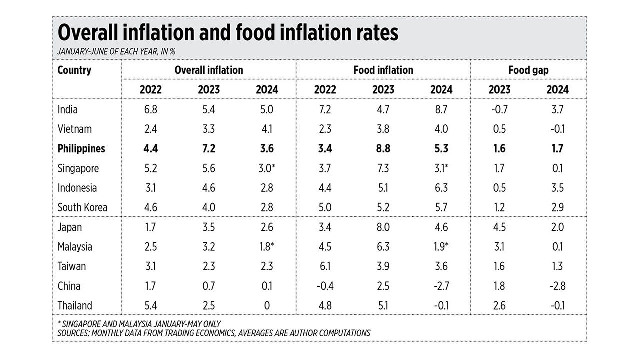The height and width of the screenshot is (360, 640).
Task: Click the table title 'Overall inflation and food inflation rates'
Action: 228,33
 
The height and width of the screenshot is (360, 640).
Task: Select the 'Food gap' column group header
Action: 528,70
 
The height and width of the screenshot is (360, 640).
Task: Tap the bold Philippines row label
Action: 81,149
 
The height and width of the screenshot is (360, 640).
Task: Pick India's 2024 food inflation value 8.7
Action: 441,109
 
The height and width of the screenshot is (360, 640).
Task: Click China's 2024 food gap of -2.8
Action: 557,286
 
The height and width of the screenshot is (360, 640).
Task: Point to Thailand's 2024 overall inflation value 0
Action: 267,306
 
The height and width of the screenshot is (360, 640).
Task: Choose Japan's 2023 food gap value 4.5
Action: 499,227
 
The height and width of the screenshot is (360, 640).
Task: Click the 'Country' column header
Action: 74,70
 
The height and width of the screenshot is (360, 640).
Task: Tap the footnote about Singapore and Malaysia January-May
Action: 139,324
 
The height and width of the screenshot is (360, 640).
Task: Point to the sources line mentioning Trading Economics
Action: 214,333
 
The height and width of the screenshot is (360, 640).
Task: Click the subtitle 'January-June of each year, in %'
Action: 116,51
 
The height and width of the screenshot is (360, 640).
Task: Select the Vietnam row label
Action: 75,129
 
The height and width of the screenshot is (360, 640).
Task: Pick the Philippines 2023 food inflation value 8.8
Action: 383,149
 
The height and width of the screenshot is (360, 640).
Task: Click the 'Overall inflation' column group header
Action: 209,70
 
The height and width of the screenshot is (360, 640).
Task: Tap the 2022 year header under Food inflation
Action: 325,90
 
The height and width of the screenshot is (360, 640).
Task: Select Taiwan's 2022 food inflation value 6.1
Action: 325,266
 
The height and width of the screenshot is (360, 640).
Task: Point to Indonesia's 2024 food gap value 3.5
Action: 557,188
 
